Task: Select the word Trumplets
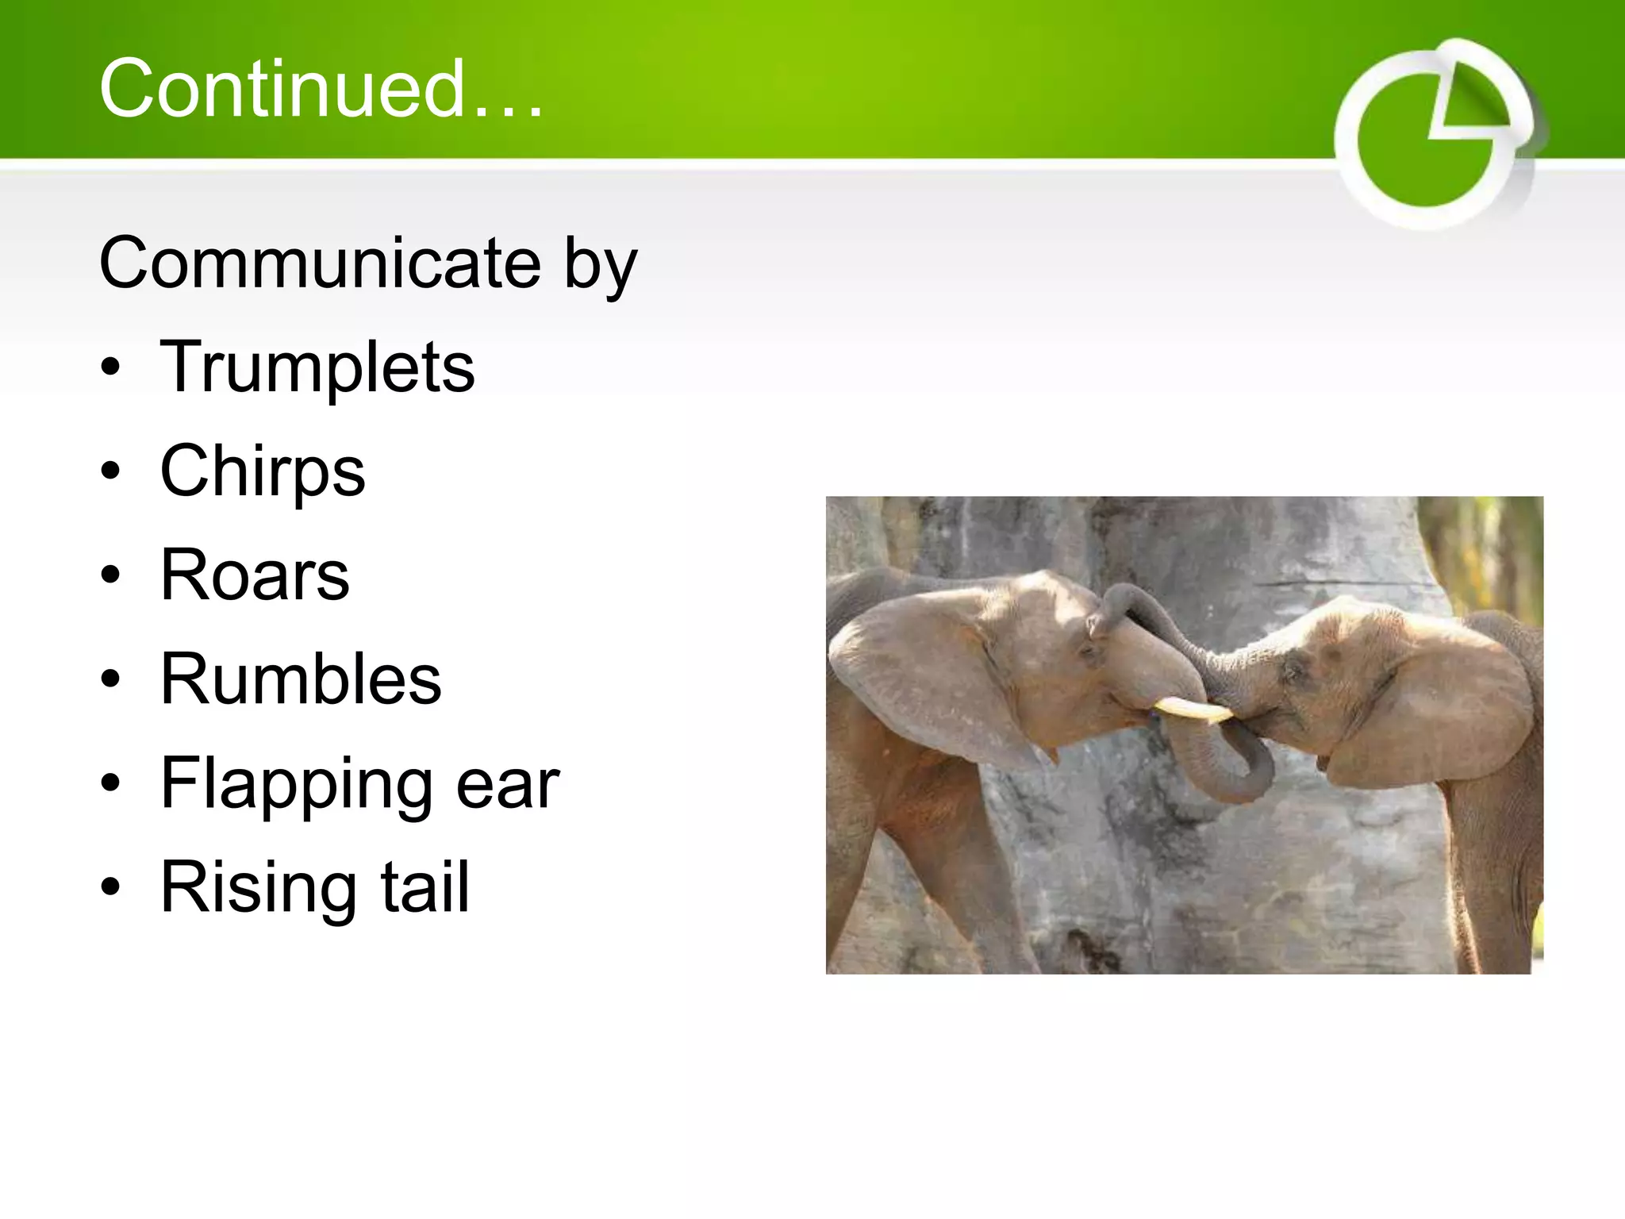click(317, 367)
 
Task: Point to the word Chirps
click(263, 472)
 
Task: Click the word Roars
click(255, 575)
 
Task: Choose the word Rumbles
click(301, 679)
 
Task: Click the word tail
click(425, 887)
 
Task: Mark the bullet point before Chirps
click(111, 471)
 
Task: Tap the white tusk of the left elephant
click(1190, 709)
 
